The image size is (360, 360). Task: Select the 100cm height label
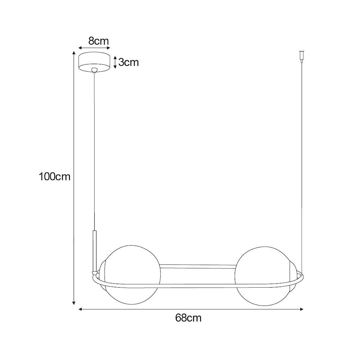(54, 177)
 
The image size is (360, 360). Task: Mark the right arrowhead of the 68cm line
(302, 309)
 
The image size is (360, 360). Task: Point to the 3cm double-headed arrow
(115, 62)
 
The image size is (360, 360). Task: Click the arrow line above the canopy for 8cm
(94, 48)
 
